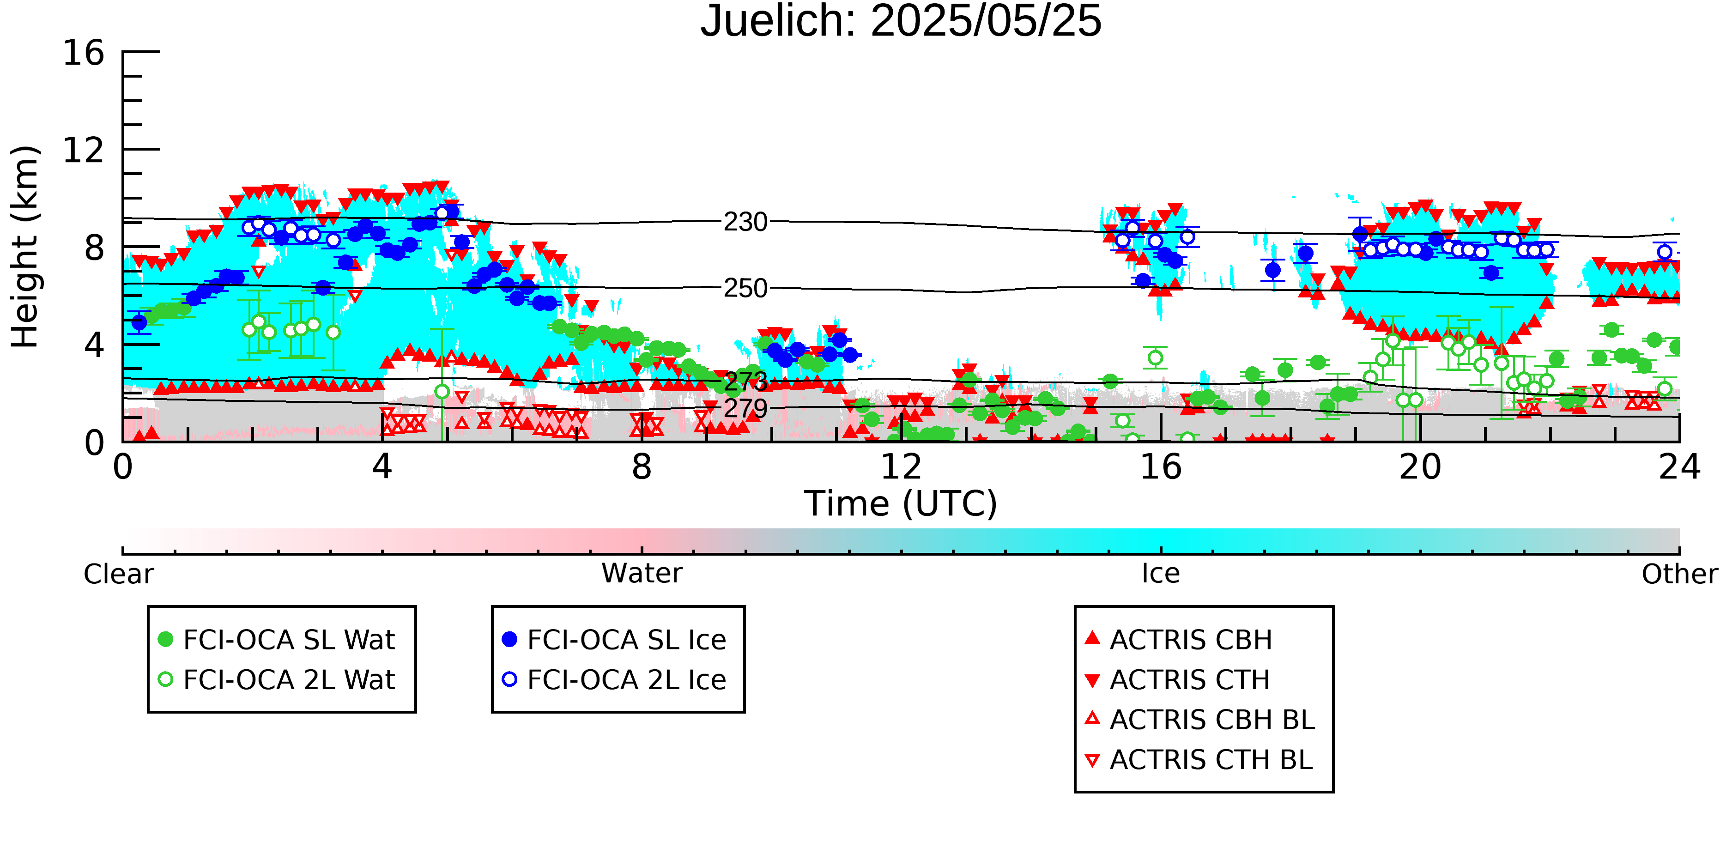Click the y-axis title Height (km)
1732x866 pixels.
(x=25, y=247)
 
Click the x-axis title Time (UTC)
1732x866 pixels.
(x=901, y=503)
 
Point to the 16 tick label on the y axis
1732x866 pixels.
(x=84, y=53)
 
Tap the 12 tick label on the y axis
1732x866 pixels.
(x=84, y=150)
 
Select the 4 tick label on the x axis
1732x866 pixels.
(x=382, y=466)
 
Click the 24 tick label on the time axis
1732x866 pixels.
(x=1679, y=466)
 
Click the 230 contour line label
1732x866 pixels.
(x=745, y=222)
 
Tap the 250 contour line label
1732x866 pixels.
(x=745, y=289)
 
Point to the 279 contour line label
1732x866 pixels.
(x=745, y=408)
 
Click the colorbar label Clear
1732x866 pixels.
(x=118, y=574)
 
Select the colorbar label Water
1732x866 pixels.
(x=642, y=574)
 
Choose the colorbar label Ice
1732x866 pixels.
(x=1161, y=574)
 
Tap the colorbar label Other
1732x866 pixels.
(x=1679, y=574)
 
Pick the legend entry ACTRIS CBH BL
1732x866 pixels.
(x=1201, y=720)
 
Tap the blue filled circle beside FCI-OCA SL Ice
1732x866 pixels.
(x=509, y=639)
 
